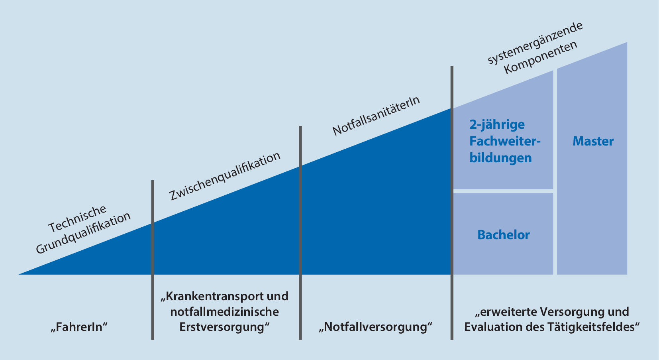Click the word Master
click(x=593, y=141)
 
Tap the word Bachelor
click(x=503, y=235)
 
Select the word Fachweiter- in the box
click(x=505, y=141)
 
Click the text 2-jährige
click(x=497, y=124)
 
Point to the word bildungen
click(x=500, y=158)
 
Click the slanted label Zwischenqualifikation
click(x=225, y=176)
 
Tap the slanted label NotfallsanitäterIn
click(x=376, y=116)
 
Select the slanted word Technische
click(x=77, y=219)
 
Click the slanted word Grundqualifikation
click(x=83, y=233)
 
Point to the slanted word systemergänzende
click(x=535, y=43)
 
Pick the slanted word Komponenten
click(x=540, y=57)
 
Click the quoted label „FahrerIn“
click(x=80, y=327)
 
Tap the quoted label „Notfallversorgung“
click(x=375, y=327)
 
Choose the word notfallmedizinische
click(x=224, y=312)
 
